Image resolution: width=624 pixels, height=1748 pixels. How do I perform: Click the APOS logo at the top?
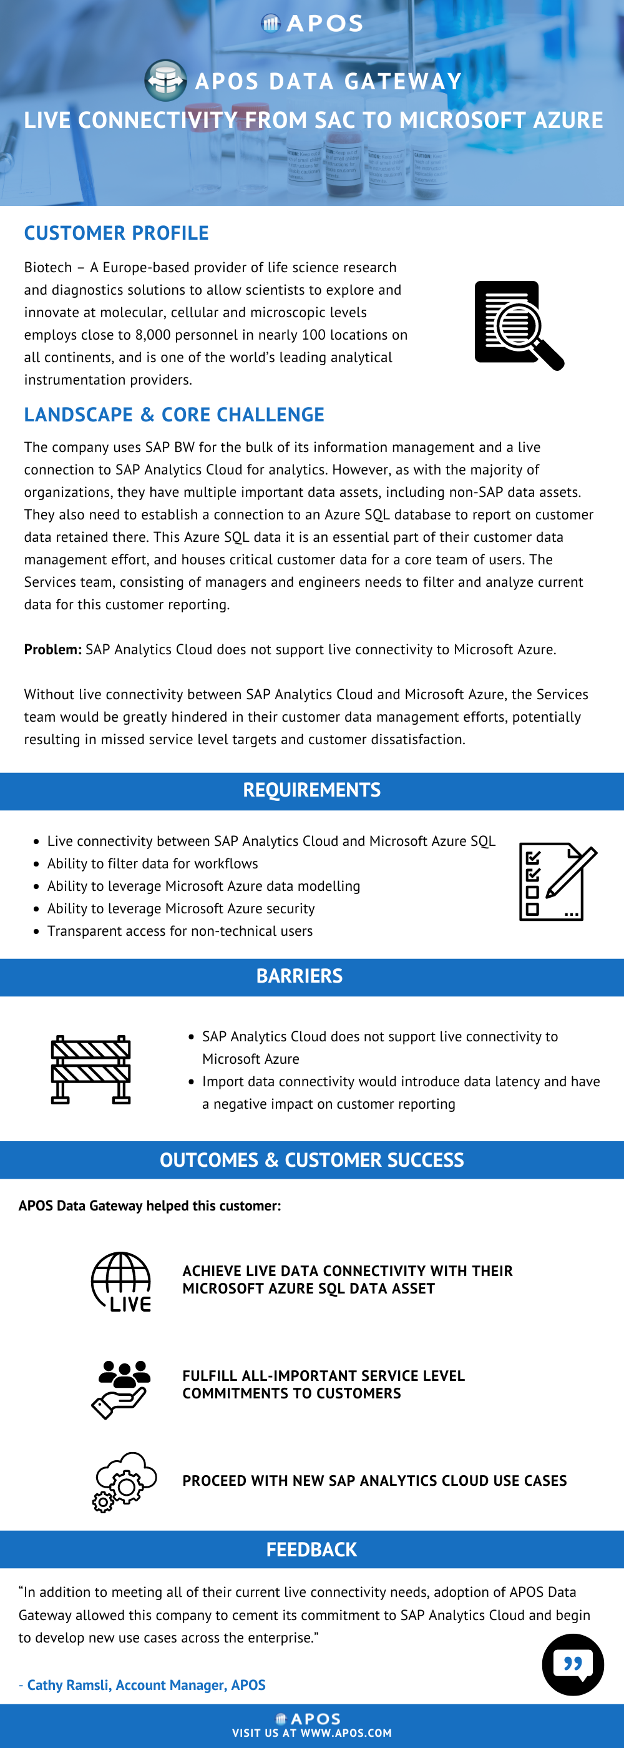tap(312, 24)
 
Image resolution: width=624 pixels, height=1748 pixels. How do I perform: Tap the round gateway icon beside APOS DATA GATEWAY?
tap(165, 80)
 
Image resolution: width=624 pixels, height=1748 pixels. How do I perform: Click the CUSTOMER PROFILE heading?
tap(116, 233)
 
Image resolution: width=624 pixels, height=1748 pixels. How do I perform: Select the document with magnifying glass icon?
tap(519, 325)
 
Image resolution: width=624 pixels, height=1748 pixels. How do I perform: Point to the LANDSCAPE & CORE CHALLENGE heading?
tap(173, 415)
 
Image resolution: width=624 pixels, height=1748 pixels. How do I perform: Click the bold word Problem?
tap(53, 649)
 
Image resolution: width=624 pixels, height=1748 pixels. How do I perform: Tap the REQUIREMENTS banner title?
tap(312, 790)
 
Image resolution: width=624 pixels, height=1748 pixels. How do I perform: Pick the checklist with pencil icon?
tap(557, 881)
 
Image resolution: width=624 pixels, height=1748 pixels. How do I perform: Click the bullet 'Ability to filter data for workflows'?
tap(153, 863)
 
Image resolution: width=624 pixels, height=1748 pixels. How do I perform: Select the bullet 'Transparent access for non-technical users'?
tap(180, 931)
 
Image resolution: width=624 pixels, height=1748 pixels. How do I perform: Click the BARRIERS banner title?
tap(299, 976)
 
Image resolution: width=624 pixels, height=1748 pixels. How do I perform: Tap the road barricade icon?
tap(91, 1069)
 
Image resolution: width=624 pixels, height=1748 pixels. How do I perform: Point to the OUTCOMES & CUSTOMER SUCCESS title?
tap(312, 1160)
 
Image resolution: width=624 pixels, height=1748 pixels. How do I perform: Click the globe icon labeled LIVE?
tap(122, 1281)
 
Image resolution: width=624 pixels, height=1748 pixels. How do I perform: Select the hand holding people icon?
tap(122, 1388)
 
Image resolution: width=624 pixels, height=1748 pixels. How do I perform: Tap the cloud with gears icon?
tap(125, 1482)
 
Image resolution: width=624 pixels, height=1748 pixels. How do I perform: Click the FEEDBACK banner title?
tap(311, 1550)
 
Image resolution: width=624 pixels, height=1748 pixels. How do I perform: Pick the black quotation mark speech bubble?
tap(572, 1664)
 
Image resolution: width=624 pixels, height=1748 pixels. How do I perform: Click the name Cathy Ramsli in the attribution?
tap(68, 1685)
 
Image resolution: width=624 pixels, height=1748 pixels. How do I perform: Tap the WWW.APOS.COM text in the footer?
tap(346, 1732)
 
